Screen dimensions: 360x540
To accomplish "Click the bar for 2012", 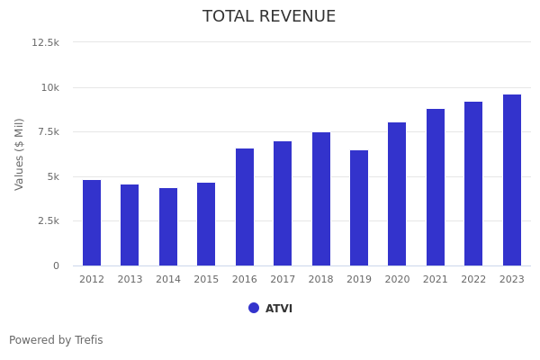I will [92, 222].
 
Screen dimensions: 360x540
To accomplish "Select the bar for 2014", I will [168, 227].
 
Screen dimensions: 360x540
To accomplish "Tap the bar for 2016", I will [245, 207].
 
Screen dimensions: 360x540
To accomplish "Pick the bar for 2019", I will [359, 208].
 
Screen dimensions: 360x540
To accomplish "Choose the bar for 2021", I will [436, 187].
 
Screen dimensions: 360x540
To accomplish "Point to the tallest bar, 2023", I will [512, 180].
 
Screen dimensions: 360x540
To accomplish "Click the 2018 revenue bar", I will [321, 199].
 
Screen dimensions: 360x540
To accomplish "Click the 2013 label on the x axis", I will [130, 280].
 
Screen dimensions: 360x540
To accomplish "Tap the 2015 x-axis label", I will [206, 280].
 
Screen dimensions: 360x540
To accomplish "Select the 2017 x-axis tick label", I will [283, 280].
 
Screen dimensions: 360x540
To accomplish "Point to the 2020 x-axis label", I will [397, 280].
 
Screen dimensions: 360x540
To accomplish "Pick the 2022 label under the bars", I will [473, 280].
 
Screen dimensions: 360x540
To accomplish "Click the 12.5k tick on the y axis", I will [46, 42].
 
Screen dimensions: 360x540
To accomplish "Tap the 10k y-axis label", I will [49, 87].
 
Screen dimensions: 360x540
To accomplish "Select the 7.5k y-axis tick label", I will [48, 131].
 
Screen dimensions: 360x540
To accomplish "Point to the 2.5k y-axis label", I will [48, 220].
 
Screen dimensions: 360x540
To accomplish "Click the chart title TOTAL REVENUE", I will [269, 17].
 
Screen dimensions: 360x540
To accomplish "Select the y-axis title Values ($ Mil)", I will [20, 154].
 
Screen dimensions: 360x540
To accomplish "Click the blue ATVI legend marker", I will [254, 308].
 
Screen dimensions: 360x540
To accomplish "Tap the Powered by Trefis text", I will [56, 340].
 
